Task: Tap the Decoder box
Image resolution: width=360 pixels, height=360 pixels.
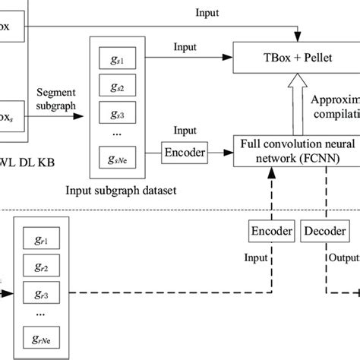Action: coord(324,231)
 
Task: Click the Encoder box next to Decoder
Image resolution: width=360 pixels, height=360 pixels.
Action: coord(269,231)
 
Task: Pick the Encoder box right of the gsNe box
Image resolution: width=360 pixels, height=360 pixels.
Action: coord(185,152)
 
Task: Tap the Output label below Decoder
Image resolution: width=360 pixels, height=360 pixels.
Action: coord(343,257)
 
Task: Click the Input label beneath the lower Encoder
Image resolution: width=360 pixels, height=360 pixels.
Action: coord(257,257)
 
